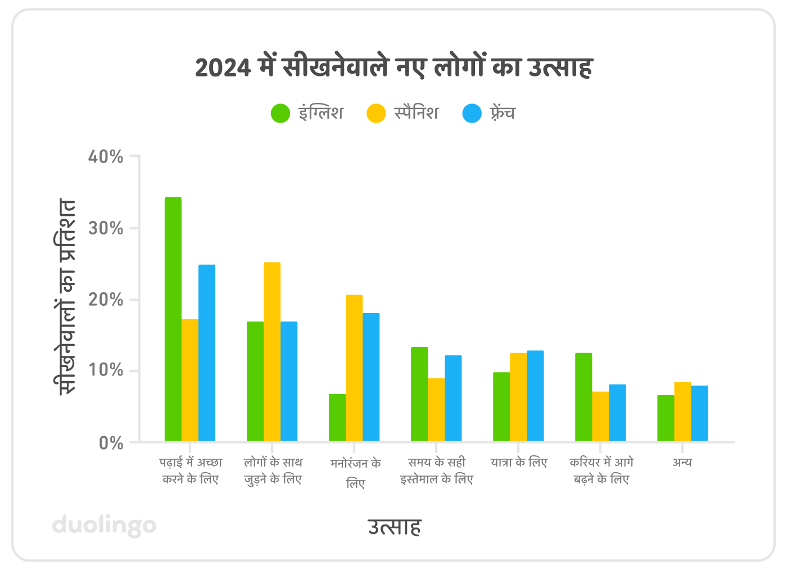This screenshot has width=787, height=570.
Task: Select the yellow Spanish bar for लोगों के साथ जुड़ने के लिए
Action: coord(272,351)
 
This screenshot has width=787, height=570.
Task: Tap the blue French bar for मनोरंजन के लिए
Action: coord(371,377)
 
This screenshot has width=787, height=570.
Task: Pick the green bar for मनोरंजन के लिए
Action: coord(337,418)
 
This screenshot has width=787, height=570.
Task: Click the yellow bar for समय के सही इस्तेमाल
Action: coord(436,410)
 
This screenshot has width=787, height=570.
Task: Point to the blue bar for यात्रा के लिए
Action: coord(535,396)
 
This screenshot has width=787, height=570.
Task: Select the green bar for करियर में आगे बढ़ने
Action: coord(584,397)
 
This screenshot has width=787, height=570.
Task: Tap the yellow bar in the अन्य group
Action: coord(682,411)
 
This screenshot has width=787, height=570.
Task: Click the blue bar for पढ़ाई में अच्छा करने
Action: coord(207,353)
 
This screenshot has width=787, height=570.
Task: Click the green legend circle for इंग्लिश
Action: coord(281,113)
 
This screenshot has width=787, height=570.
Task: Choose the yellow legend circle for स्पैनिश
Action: coord(376,113)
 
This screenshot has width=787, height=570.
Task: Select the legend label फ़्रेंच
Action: coord(502,113)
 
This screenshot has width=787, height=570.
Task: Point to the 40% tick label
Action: coord(106,156)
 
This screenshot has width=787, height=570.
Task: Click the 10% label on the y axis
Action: coord(106,370)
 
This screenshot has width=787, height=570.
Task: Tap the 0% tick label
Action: coord(111,443)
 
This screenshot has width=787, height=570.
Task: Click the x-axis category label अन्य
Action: coord(682,463)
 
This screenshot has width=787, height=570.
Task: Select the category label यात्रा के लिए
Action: coord(518,463)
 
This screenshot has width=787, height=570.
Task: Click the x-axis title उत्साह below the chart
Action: coord(394,527)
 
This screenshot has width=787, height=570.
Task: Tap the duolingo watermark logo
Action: coord(105,526)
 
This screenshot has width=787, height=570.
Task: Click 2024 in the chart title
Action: coord(223,68)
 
